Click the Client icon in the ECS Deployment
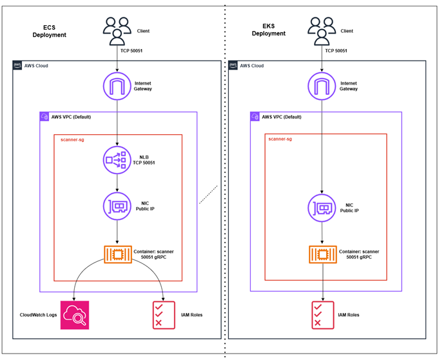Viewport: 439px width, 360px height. click(x=117, y=30)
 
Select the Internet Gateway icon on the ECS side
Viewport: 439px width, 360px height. click(x=117, y=86)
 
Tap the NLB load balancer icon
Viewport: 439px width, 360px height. click(x=117, y=160)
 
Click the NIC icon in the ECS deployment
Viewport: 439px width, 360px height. click(x=117, y=206)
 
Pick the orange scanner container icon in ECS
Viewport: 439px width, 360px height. click(x=117, y=254)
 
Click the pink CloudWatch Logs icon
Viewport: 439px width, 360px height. click(x=75, y=315)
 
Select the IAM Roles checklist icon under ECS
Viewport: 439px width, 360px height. click(x=162, y=315)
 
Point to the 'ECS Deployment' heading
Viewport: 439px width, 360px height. click(x=50, y=31)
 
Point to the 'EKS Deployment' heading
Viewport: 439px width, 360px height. click(x=267, y=30)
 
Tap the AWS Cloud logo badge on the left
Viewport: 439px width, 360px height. click(x=19, y=66)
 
